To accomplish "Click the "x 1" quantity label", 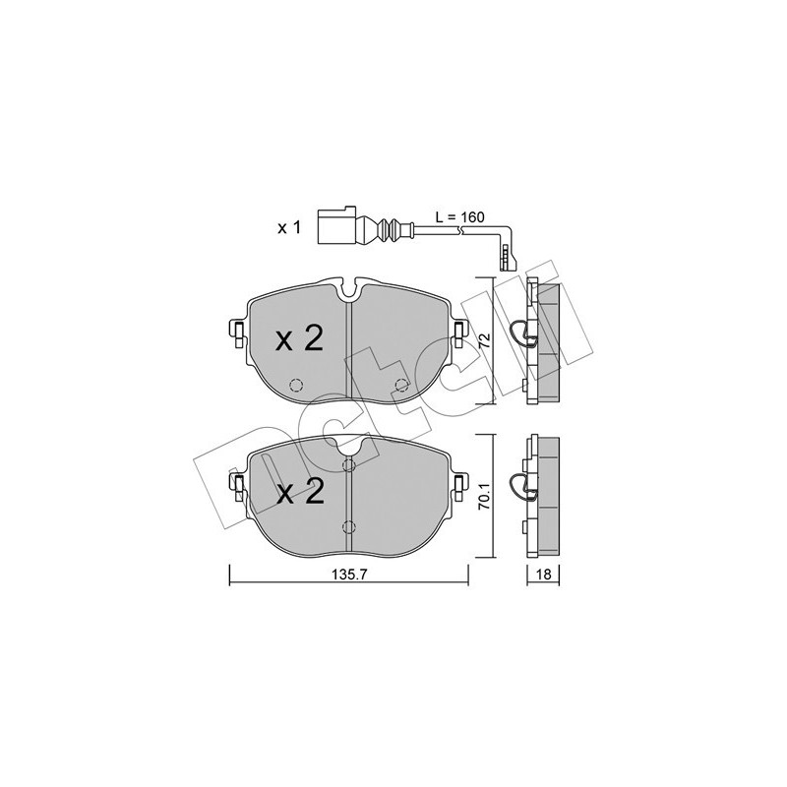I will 287,227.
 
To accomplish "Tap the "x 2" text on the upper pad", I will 298,340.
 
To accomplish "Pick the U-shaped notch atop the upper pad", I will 349,292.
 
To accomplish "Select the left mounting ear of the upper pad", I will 237,334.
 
